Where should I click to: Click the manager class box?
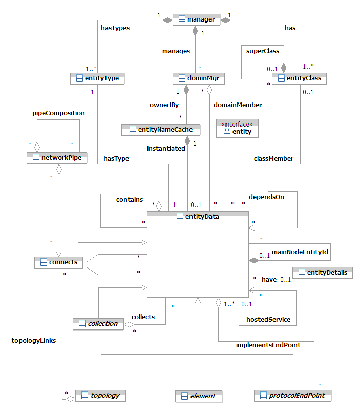(x=196, y=20)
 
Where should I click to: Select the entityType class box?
(x=97, y=78)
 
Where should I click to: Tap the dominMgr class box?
(x=199, y=78)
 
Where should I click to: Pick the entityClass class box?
(x=300, y=78)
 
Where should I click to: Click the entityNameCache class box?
(x=160, y=130)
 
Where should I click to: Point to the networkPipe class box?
(x=56, y=158)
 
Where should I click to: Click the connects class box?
(x=58, y=262)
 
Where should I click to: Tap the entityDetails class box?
(x=322, y=273)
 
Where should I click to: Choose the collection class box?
(x=98, y=323)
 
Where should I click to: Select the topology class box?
(x=101, y=396)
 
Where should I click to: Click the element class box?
(x=198, y=396)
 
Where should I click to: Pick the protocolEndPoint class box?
(x=292, y=396)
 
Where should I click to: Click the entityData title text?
(x=202, y=217)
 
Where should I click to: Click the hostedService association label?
(x=268, y=319)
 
